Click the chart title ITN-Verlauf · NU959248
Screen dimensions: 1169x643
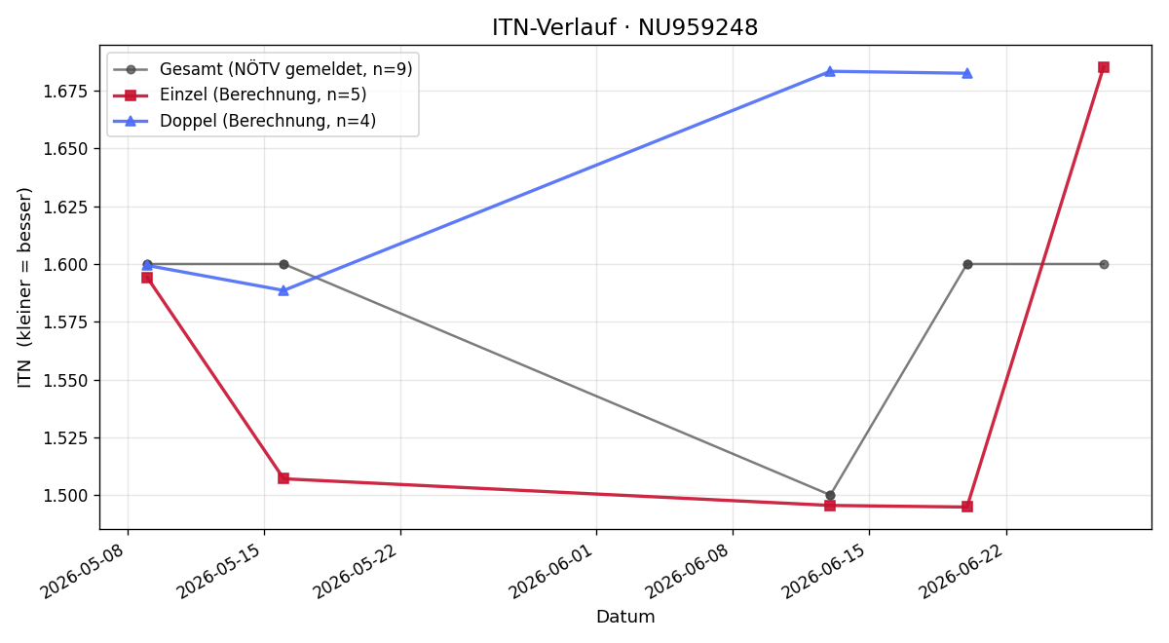(624, 27)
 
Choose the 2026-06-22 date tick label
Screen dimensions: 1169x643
(962, 571)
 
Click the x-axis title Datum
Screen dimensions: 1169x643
(625, 617)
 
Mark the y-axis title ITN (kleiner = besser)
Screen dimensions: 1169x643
(24, 287)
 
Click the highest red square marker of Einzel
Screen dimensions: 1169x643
(1104, 67)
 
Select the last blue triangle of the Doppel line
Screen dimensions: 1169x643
(967, 74)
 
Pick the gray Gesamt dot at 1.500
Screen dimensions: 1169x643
(830, 495)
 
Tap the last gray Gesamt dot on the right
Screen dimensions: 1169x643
(1104, 265)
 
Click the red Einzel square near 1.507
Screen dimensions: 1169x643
(283, 478)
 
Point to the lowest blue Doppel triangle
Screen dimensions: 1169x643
(283, 290)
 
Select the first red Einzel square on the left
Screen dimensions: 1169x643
(147, 278)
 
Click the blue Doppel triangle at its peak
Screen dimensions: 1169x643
(830, 71)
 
